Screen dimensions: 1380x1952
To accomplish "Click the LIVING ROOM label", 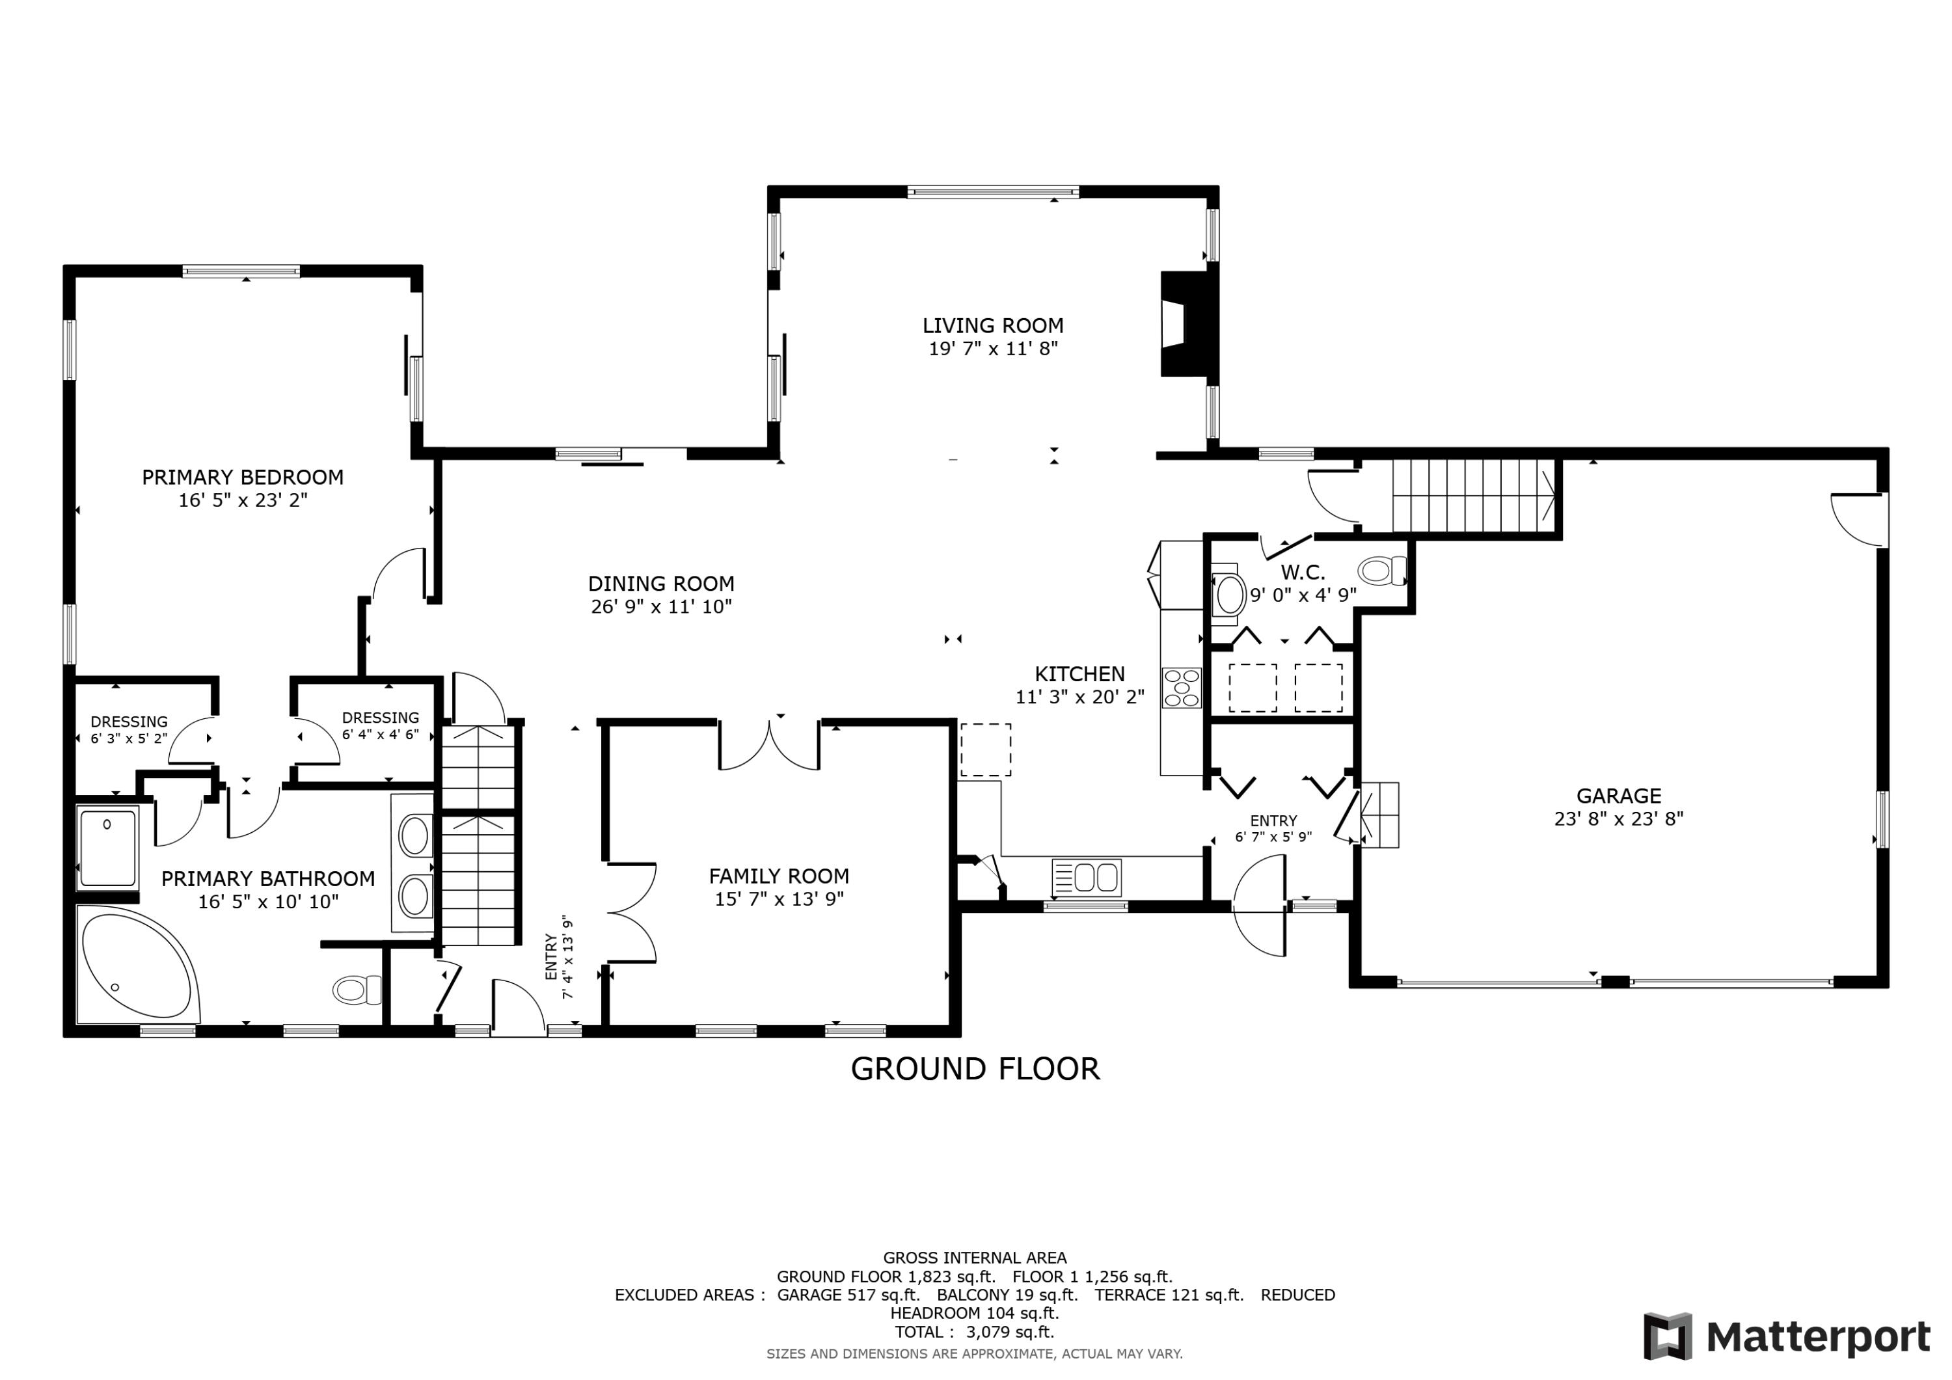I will pos(992,326).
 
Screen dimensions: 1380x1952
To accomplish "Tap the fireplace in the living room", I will pos(1186,323).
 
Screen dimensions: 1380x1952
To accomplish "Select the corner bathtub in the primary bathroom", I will pos(136,967).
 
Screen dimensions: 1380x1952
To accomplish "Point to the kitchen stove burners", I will pos(1182,688).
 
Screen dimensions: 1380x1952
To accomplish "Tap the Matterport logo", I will pos(1786,1336).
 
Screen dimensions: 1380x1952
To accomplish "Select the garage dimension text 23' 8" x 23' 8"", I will pos(1618,819).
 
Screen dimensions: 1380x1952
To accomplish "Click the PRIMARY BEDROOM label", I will pos(242,478).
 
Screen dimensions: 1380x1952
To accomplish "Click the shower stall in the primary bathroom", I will pos(108,848).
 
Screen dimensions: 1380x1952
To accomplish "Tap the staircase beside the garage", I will pos(1472,496).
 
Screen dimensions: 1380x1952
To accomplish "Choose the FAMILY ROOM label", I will pos(779,876).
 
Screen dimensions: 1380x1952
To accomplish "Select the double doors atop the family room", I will pos(769,746).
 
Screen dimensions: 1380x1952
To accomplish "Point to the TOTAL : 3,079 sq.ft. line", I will pos(974,1333).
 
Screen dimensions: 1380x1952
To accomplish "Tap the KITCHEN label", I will pos(1079,674).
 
